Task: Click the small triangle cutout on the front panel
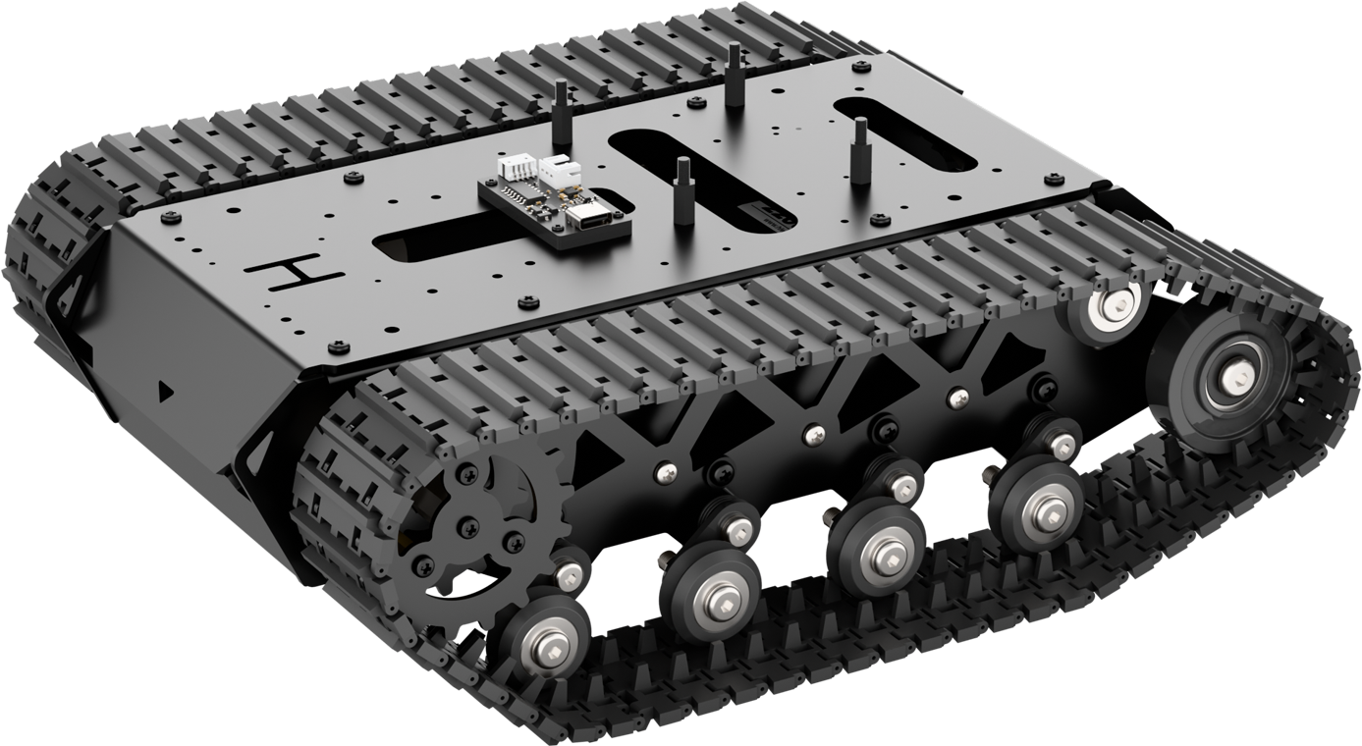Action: tap(164, 391)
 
